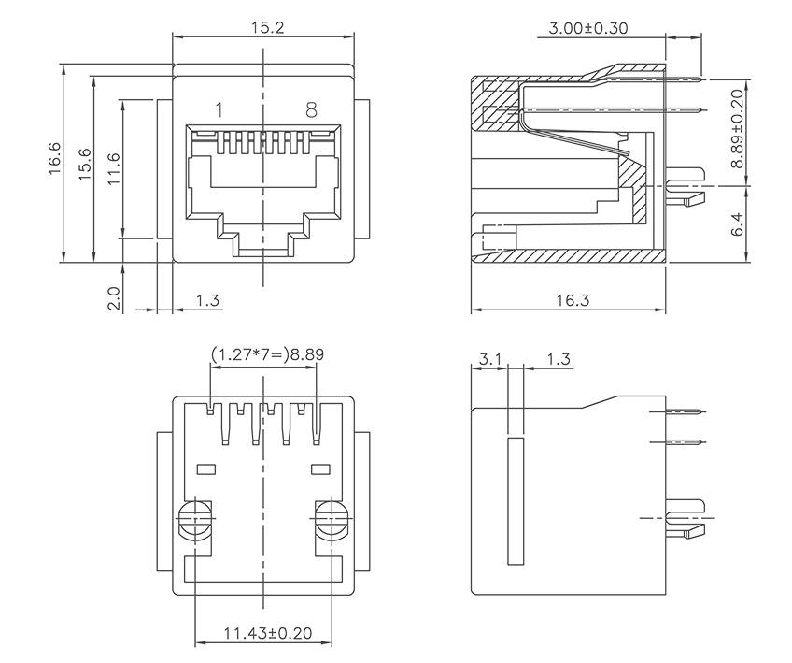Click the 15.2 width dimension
pyautogui.click(x=267, y=27)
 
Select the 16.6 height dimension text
pyautogui.click(x=54, y=158)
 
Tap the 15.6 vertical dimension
pyautogui.click(x=85, y=166)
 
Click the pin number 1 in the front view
pyautogui.click(x=219, y=110)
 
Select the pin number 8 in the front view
pyautogui.click(x=312, y=110)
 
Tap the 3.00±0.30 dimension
pyautogui.click(x=587, y=28)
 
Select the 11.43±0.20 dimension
pyautogui.click(x=267, y=633)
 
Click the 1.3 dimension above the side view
pyautogui.click(x=559, y=359)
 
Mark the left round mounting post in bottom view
pyautogui.click(x=196, y=520)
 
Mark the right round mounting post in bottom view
pyautogui.click(x=331, y=520)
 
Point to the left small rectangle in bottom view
pyautogui.click(x=206, y=468)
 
